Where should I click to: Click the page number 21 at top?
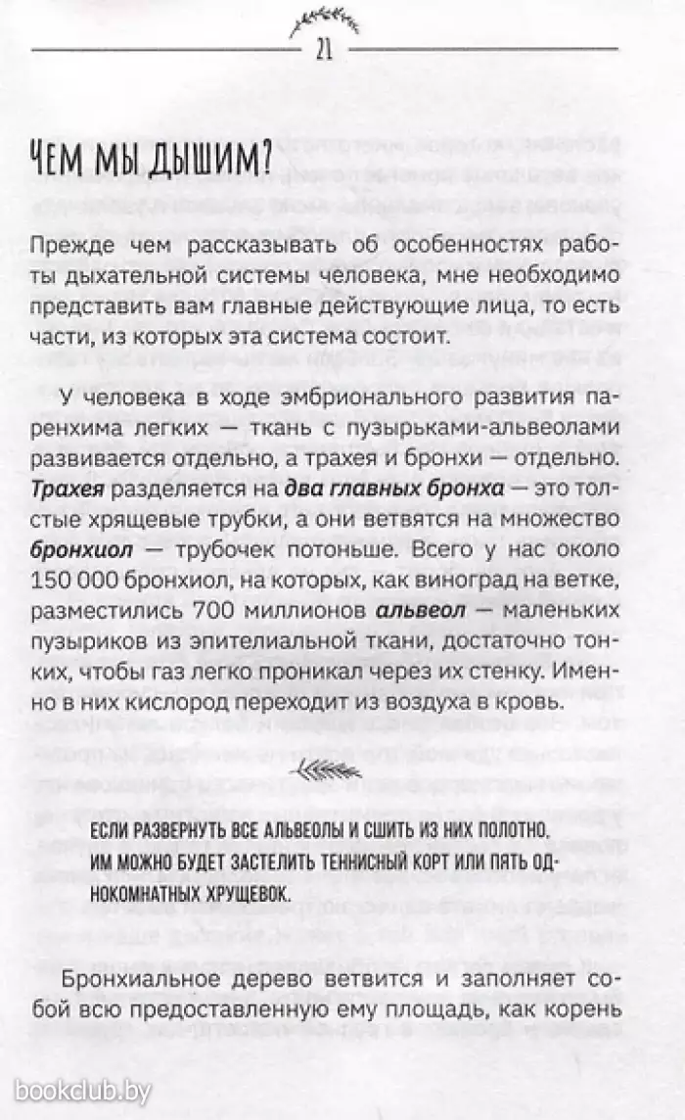pyautogui.click(x=324, y=51)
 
